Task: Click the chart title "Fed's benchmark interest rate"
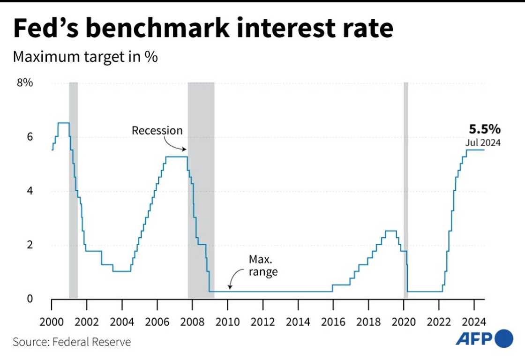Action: coord(202,29)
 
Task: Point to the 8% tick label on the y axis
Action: coord(25,83)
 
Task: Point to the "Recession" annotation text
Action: coord(157,130)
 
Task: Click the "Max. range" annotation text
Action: coord(263,265)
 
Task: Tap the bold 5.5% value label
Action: coord(485,129)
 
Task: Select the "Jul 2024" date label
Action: coord(483,142)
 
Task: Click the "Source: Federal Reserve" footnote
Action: coord(72,342)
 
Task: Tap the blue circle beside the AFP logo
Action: coord(503,339)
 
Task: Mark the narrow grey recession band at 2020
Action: coord(406,187)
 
